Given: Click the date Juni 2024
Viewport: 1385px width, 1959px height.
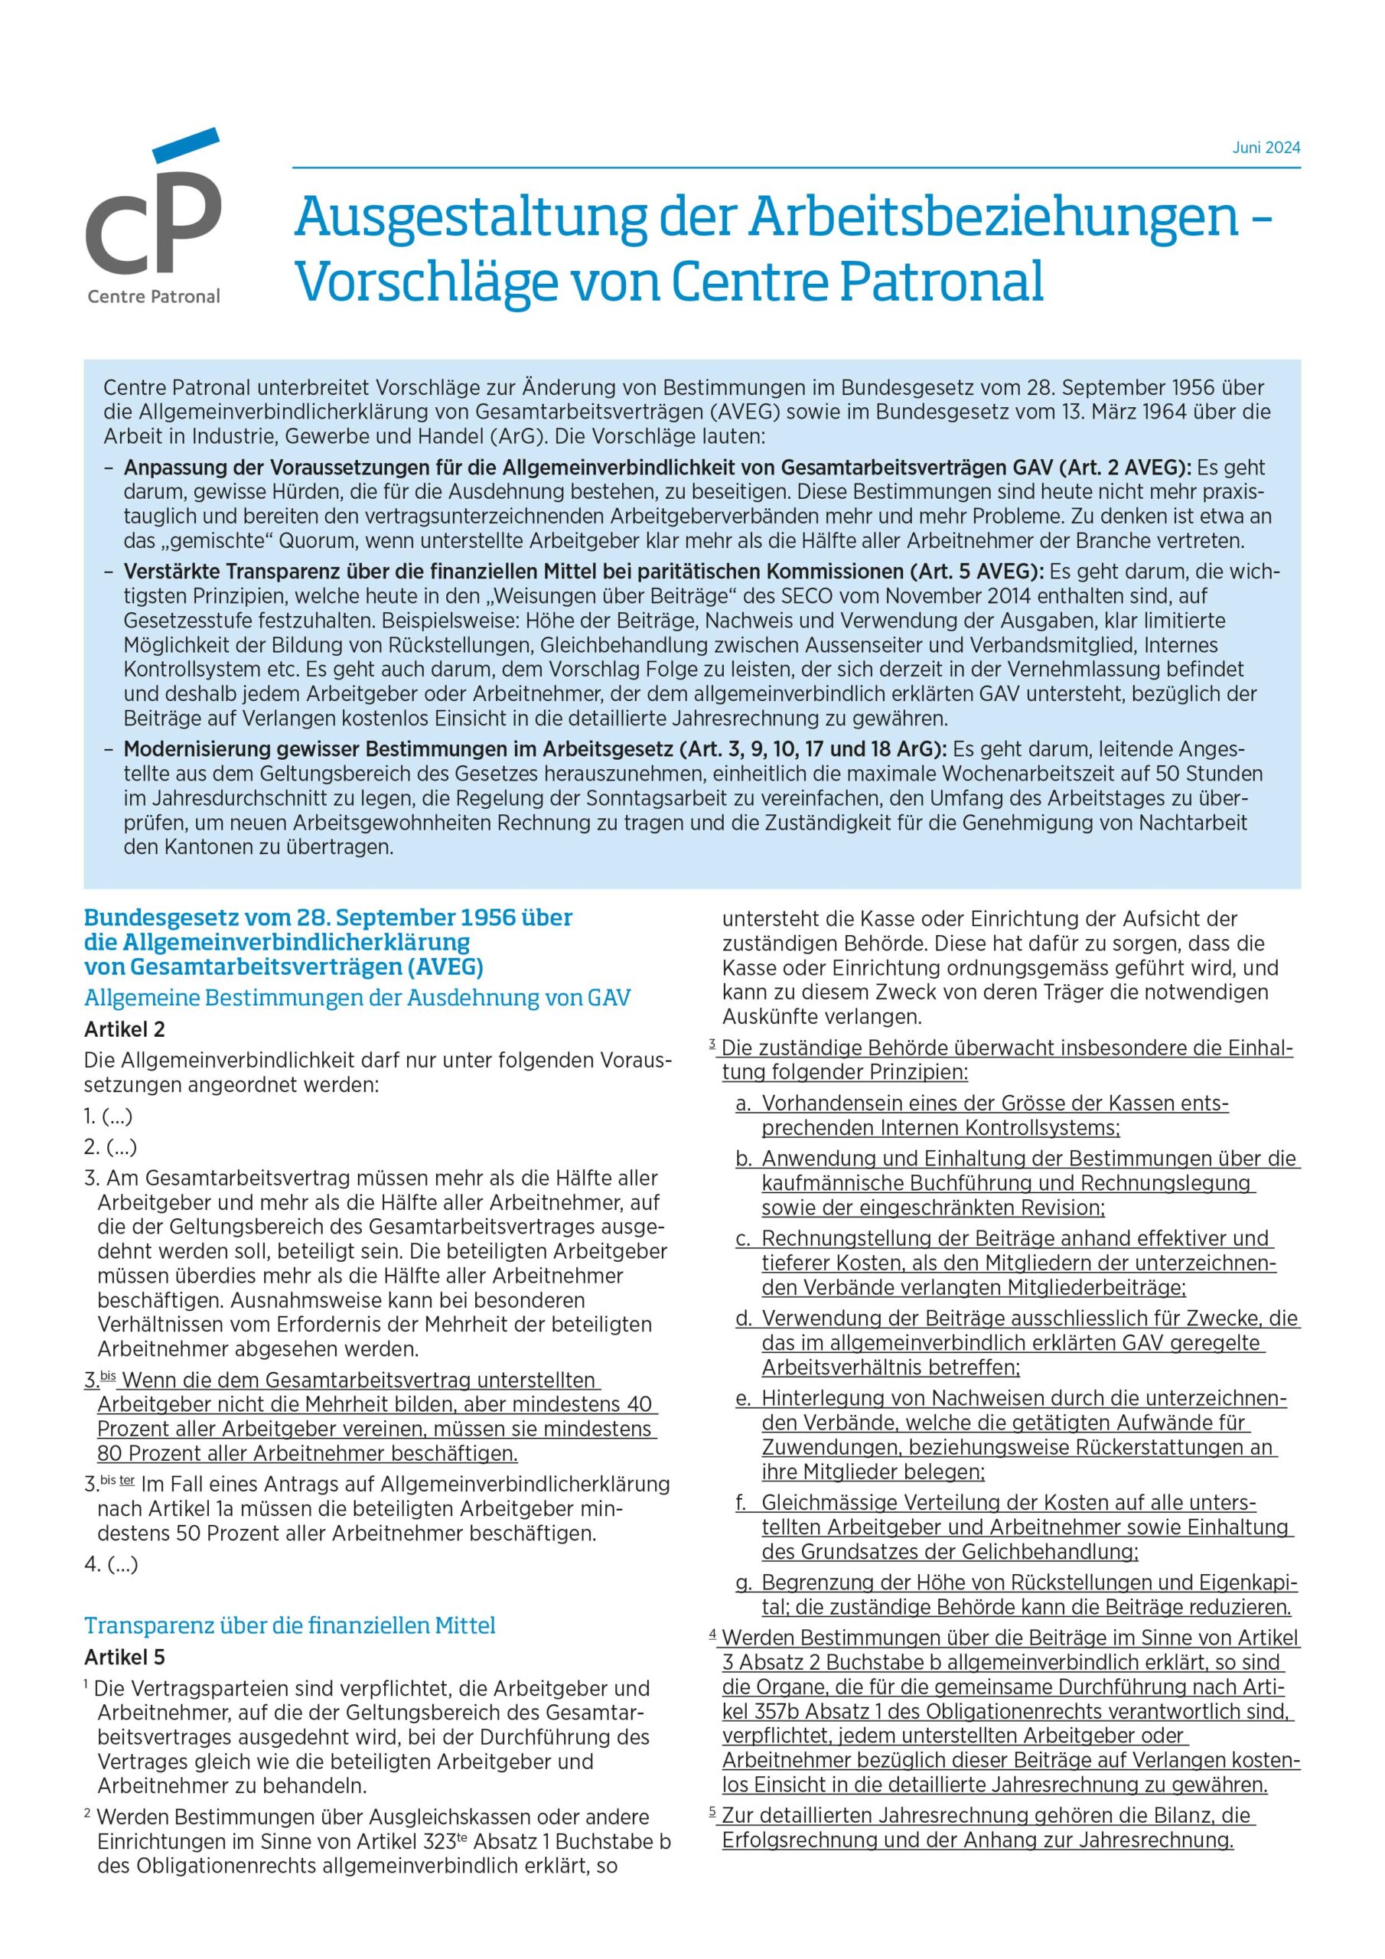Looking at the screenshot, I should click(1266, 148).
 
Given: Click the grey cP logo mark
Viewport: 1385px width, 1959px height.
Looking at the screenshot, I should click(154, 214).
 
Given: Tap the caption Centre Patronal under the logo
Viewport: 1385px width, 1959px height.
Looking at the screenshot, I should click(154, 297).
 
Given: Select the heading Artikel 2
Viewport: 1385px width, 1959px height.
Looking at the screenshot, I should click(125, 1029).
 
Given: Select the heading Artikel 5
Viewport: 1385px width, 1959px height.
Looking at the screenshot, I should click(125, 1657).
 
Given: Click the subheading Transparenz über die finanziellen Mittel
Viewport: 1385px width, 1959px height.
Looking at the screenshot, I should click(289, 1625).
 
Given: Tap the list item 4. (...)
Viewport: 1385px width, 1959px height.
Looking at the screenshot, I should click(111, 1564).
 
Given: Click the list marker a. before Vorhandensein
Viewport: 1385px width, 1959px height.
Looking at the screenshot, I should click(742, 1103).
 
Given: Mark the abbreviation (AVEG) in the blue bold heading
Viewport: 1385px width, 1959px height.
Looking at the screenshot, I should click(445, 967).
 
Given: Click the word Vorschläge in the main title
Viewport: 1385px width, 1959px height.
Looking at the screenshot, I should click(425, 283).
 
